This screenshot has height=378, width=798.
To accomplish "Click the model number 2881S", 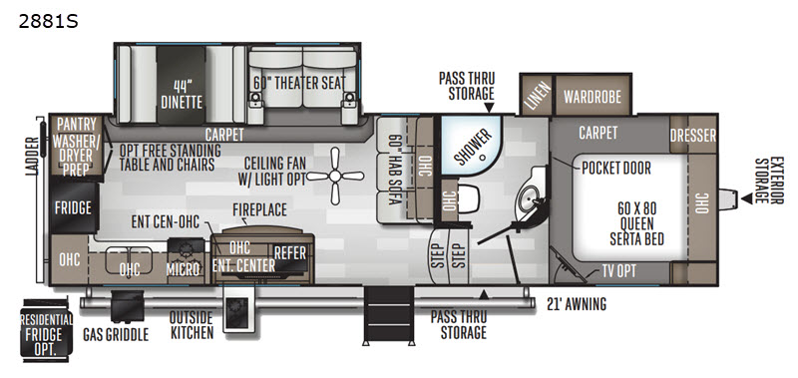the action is click(48, 21).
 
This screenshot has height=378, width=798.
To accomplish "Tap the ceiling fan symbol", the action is click(335, 176).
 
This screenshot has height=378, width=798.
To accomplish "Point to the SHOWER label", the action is click(473, 147).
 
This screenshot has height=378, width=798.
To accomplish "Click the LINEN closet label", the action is click(538, 95).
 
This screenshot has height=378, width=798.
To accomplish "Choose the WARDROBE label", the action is click(593, 97).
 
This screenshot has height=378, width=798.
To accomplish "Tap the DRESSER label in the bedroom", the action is click(692, 136).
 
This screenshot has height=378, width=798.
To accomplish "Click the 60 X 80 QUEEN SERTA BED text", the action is click(636, 223).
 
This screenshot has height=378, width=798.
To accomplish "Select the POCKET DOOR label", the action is click(616, 168).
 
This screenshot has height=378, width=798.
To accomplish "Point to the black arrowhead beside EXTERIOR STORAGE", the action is click(746, 198).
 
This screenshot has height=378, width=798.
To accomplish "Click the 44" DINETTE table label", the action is click(182, 94).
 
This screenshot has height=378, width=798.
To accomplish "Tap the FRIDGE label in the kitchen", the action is click(73, 207).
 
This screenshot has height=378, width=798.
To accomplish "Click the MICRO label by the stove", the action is click(184, 269).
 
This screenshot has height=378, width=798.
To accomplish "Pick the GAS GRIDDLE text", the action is click(116, 335).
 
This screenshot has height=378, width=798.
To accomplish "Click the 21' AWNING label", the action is click(577, 304).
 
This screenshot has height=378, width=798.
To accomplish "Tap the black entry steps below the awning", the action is click(389, 316).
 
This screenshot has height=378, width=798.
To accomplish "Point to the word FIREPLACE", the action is click(259, 209).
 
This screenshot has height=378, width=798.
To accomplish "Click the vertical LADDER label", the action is click(32, 157).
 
